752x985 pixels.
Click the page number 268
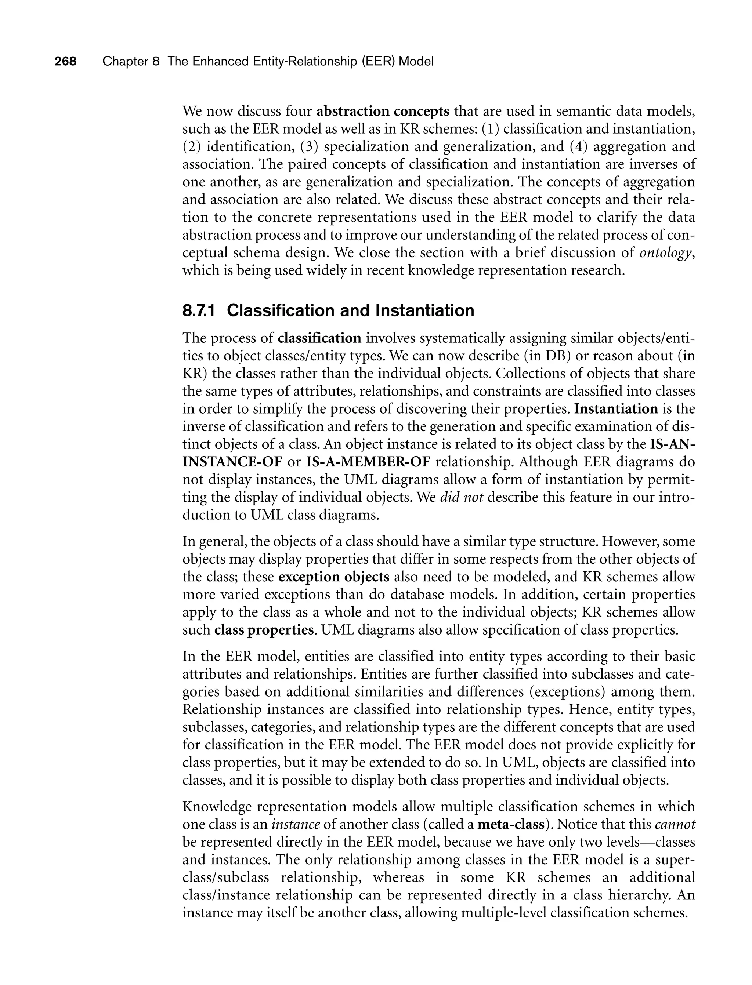point(65,61)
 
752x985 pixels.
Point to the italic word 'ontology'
point(666,253)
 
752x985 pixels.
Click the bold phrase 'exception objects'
point(333,577)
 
